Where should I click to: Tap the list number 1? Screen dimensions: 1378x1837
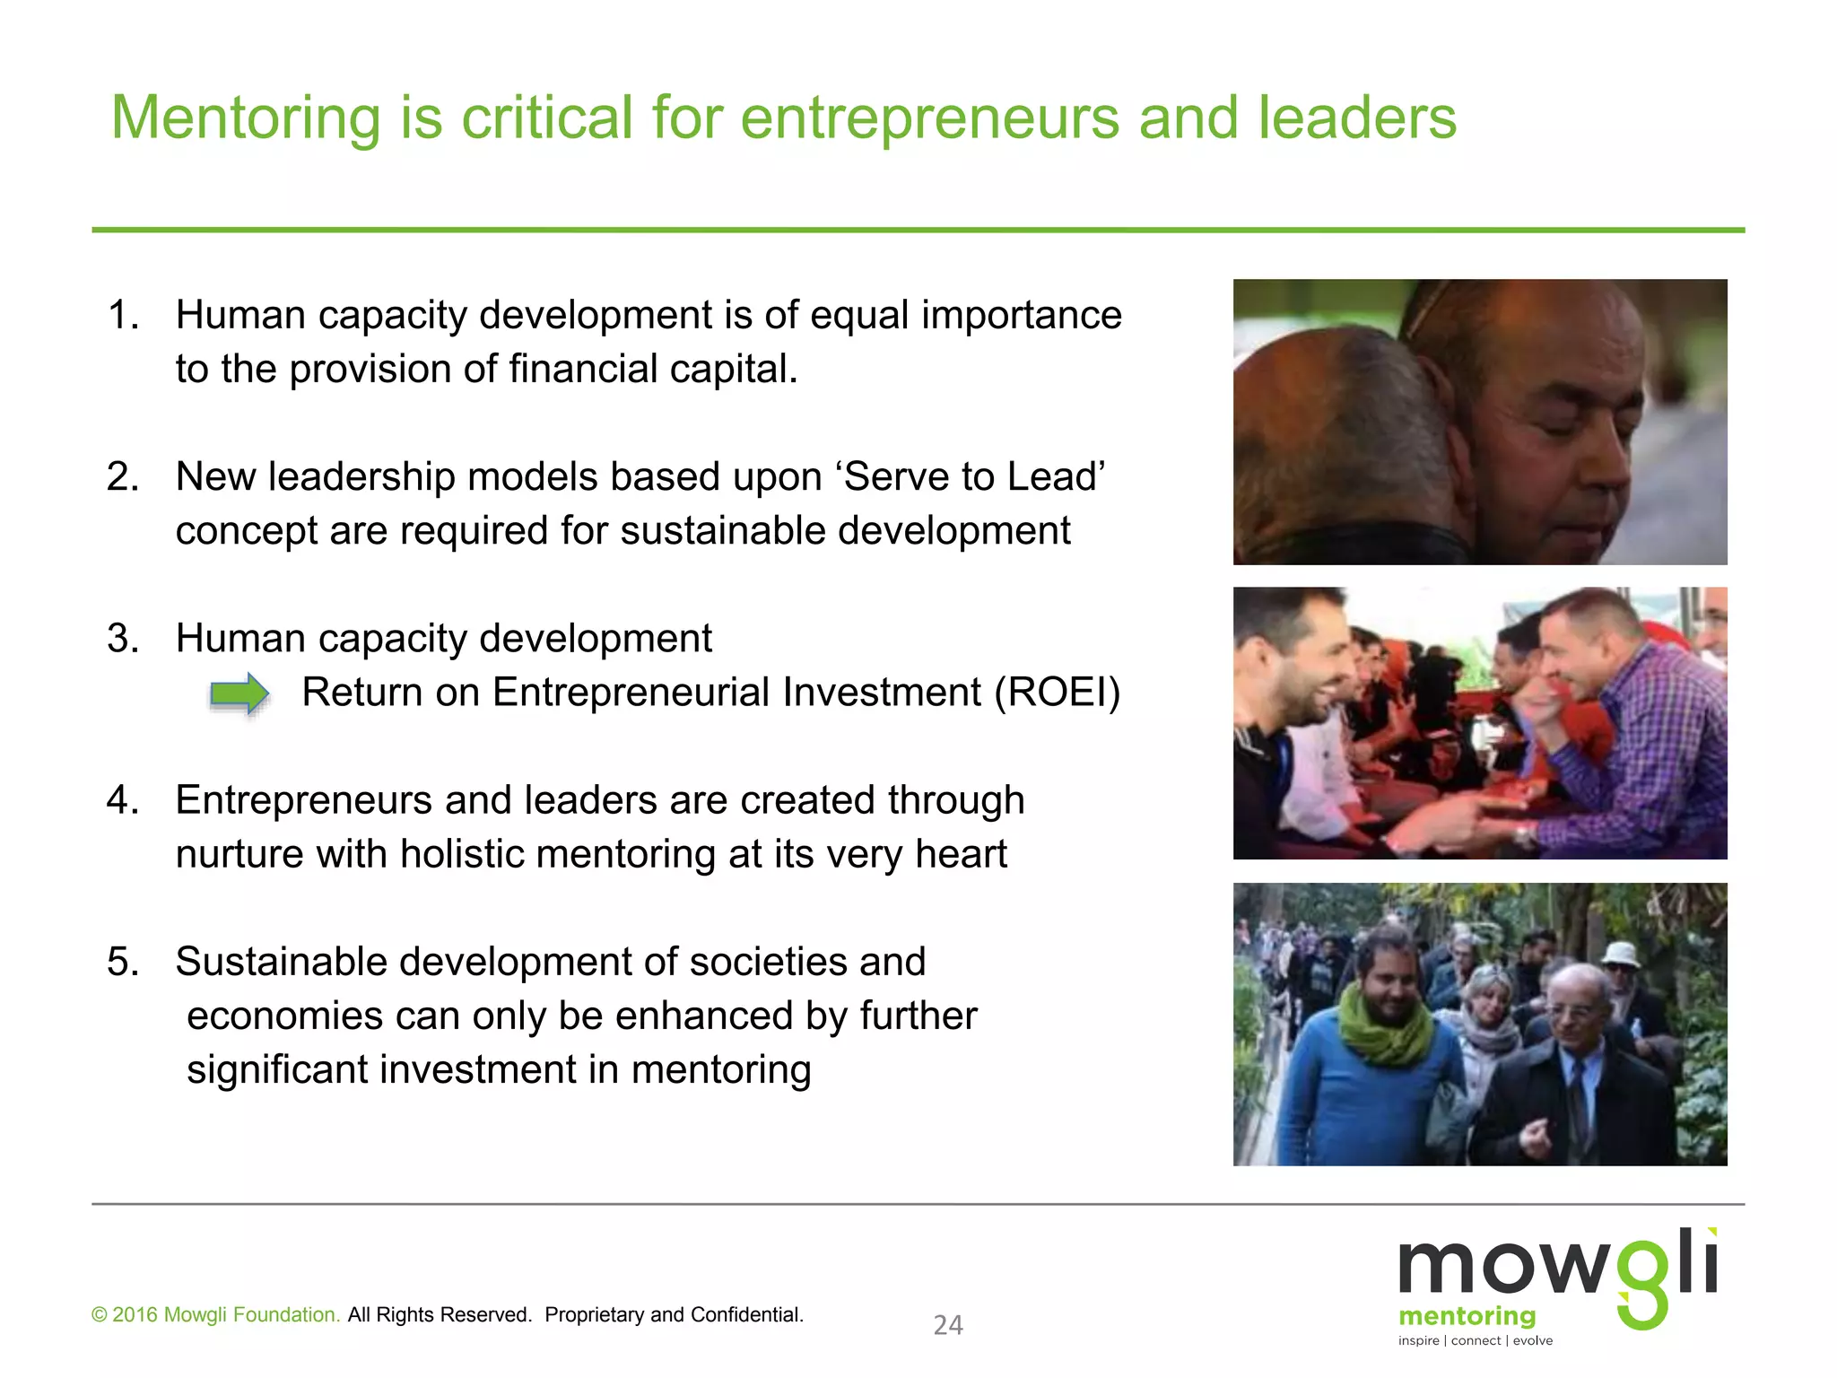tap(122, 315)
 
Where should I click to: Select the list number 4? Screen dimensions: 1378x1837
tap(122, 799)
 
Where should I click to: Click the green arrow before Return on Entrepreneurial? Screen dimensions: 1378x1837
tap(239, 693)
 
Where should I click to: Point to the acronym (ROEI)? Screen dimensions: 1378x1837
tap(1057, 692)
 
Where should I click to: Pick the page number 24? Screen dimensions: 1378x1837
tap(948, 1325)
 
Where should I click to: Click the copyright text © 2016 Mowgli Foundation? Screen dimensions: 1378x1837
tap(215, 1315)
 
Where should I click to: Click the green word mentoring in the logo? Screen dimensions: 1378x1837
tap(1467, 1316)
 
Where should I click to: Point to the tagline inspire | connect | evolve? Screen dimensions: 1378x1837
tap(1476, 1340)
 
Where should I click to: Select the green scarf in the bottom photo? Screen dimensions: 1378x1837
tap(1387, 1027)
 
